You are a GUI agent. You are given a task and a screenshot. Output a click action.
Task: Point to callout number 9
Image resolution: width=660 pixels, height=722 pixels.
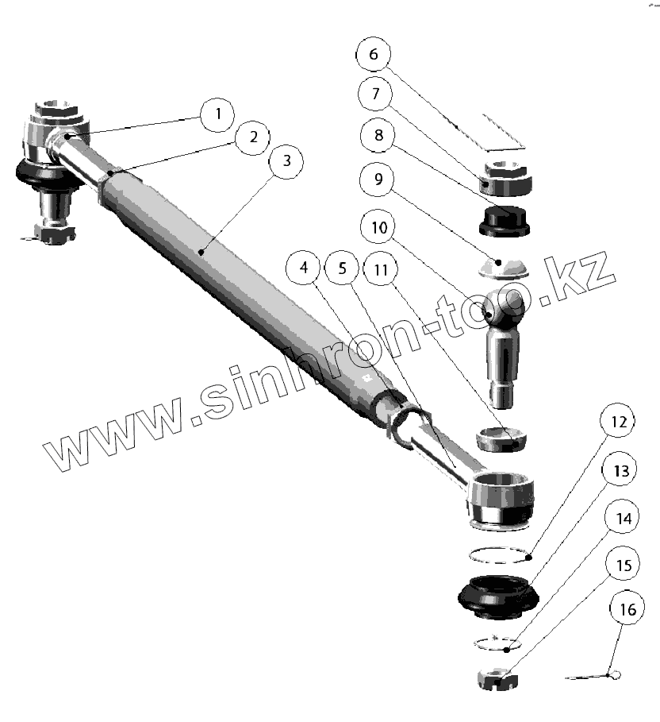tap(378, 180)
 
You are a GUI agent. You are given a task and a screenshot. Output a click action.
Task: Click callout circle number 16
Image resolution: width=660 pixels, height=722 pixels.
tap(627, 610)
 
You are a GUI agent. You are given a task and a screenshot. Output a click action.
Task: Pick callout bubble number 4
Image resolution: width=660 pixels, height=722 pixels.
tap(305, 268)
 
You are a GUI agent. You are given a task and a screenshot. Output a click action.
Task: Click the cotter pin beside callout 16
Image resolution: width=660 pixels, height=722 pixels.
tap(595, 676)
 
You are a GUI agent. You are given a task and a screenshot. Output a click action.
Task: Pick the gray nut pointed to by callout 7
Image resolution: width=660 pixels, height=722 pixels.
tap(505, 177)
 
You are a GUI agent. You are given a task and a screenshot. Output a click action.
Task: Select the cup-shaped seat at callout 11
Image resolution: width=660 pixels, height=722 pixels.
tap(501, 436)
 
